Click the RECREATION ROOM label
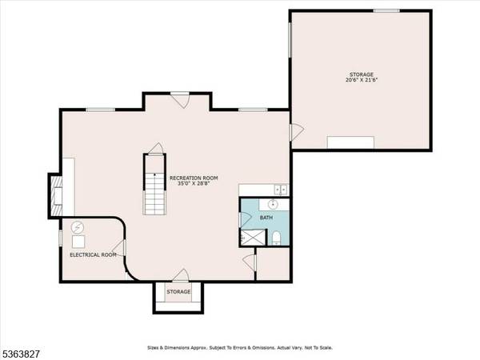194,177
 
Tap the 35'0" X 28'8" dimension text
194,183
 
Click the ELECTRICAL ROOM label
93,255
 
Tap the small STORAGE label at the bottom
178,291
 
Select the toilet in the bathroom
275,237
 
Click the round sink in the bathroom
272,205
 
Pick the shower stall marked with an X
254,237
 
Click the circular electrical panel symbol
78,226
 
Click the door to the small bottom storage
179,275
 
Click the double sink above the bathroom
281,189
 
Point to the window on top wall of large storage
386,10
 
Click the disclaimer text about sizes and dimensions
239,348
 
